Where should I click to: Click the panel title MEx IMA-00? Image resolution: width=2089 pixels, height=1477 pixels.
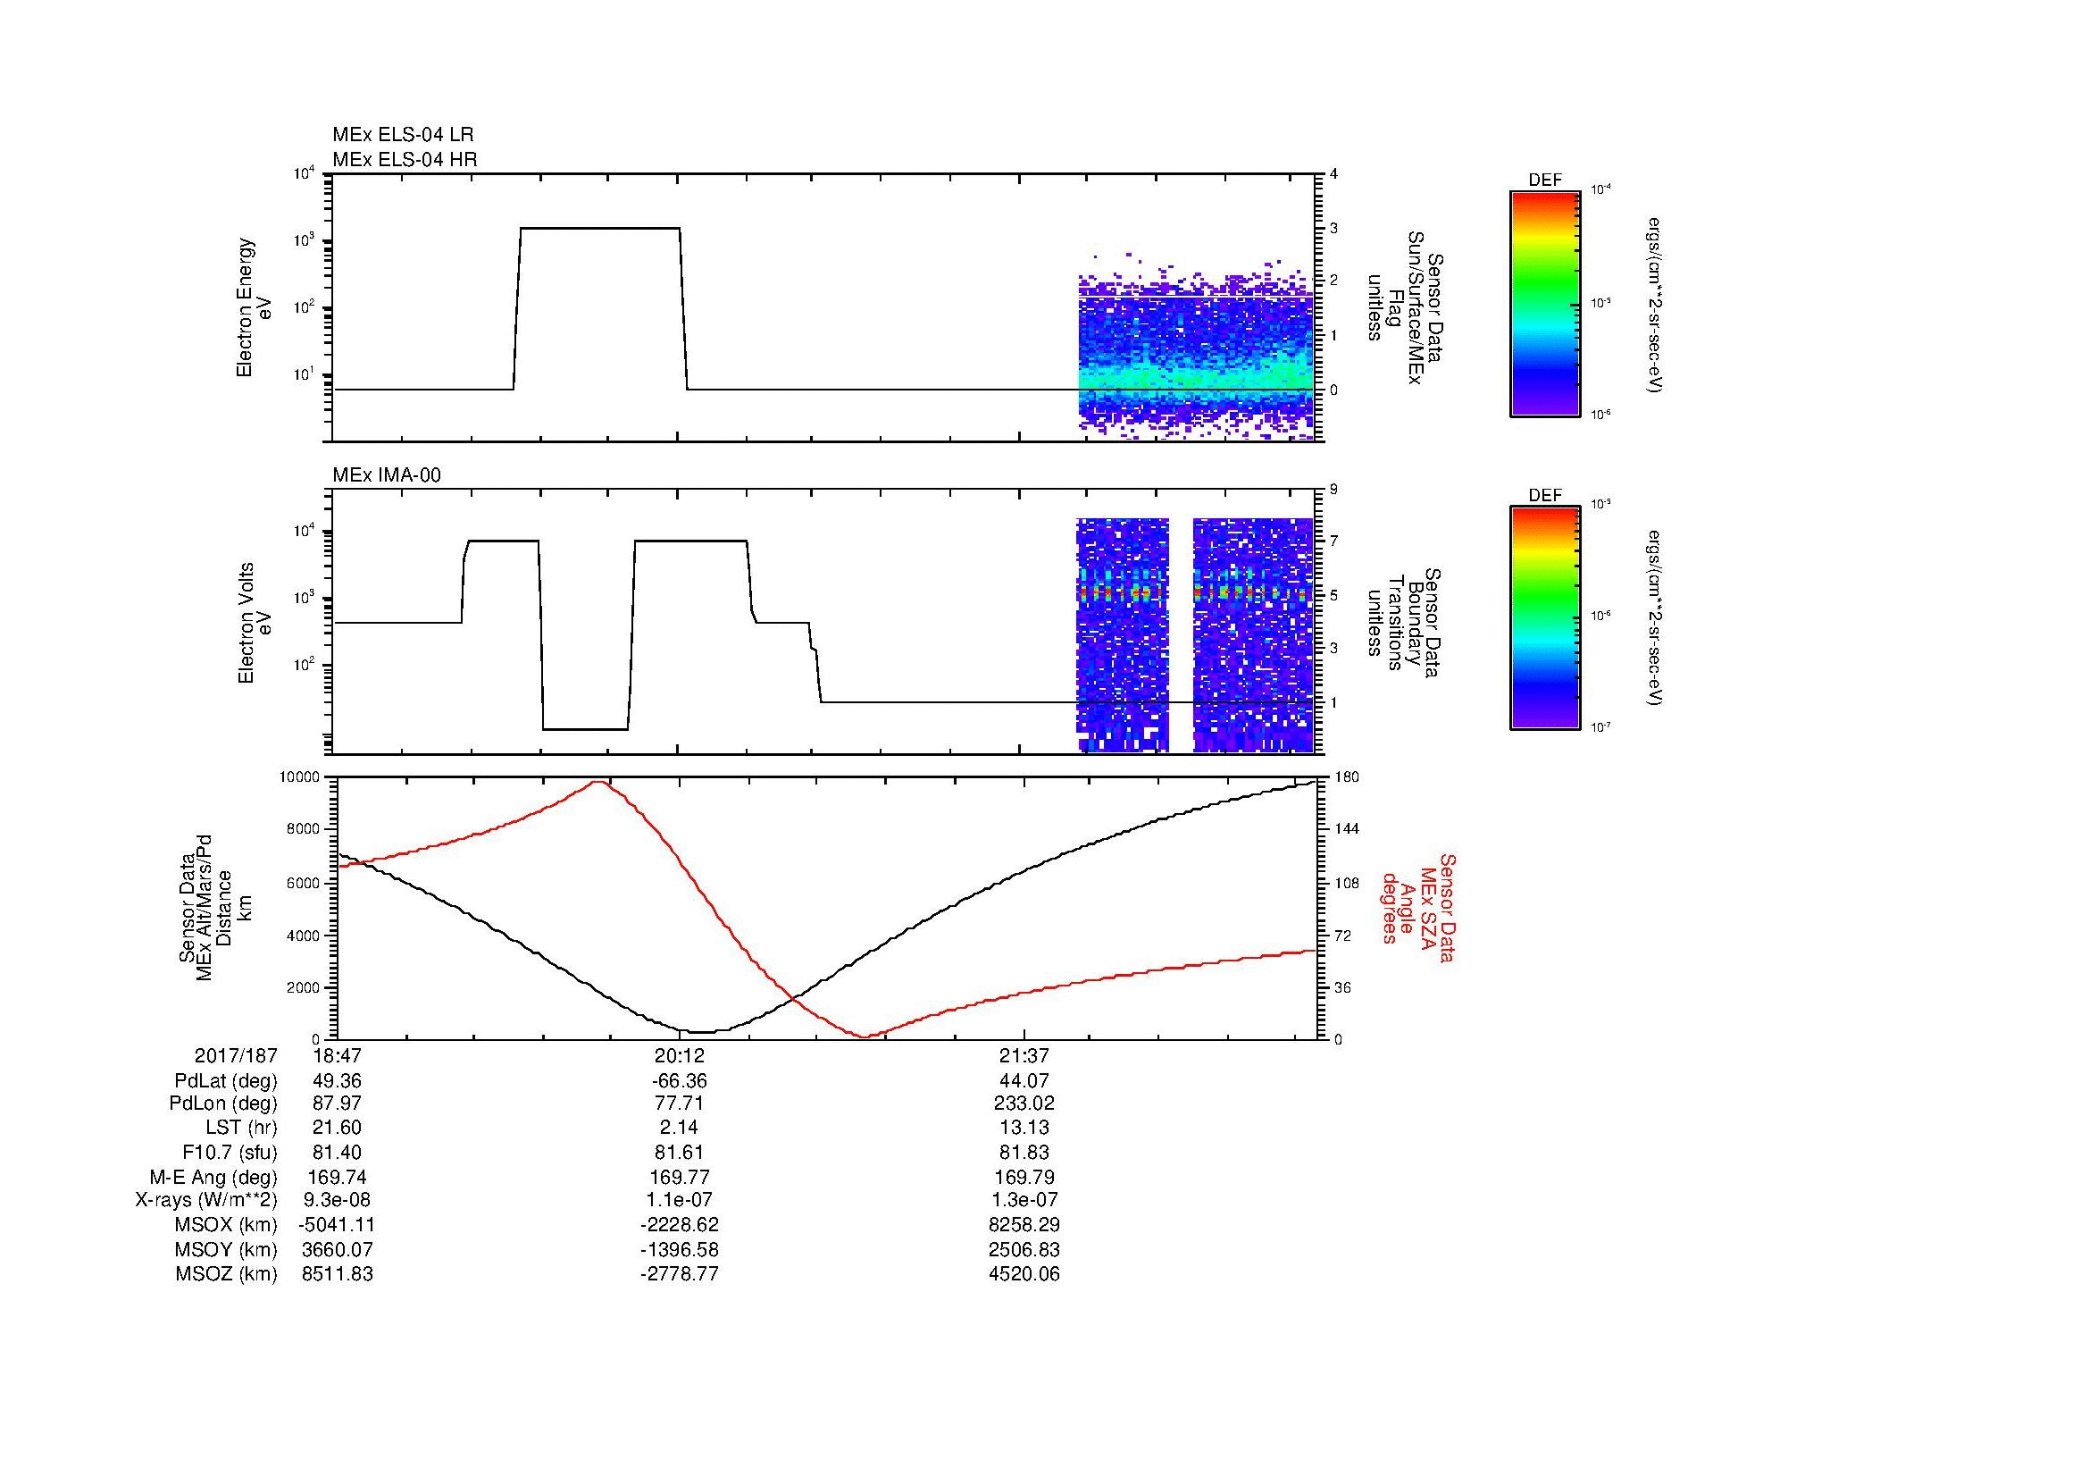click(x=387, y=475)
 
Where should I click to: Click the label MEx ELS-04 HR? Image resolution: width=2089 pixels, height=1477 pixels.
click(x=405, y=159)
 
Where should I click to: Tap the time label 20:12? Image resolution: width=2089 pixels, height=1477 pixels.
click(x=680, y=1056)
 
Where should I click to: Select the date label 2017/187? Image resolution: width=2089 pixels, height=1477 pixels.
click(x=236, y=1056)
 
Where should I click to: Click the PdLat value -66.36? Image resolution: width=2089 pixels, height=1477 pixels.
click(x=680, y=1081)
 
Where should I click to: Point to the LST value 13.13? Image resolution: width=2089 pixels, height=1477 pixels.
click(x=1024, y=1129)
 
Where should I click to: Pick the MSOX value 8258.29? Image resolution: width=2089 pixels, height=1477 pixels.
click(x=1024, y=1225)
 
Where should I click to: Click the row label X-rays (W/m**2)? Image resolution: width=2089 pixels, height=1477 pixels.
click(x=206, y=1200)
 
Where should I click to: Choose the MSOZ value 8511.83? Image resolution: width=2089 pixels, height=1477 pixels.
click(x=338, y=1274)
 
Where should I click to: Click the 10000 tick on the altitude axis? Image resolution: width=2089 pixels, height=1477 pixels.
click(x=299, y=777)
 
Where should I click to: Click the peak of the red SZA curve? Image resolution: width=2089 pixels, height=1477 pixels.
click(x=598, y=782)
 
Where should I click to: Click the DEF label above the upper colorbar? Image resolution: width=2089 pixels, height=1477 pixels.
click(x=1545, y=181)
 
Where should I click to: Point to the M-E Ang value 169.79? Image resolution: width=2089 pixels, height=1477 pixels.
click(x=1024, y=1177)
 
